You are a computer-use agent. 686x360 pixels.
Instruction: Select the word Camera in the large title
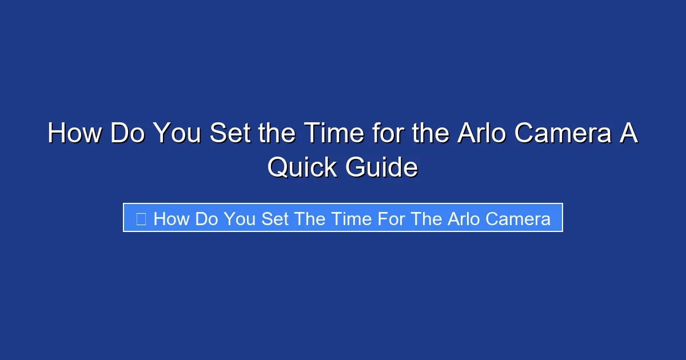click(567, 134)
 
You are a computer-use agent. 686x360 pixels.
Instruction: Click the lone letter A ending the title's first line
click(629, 134)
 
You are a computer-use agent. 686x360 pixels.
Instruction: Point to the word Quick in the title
click(303, 167)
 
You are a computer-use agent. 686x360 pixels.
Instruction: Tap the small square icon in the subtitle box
click(141, 218)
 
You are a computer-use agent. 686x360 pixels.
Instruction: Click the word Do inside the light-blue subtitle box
click(207, 218)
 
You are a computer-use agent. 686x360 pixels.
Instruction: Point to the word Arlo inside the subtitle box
click(461, 218)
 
